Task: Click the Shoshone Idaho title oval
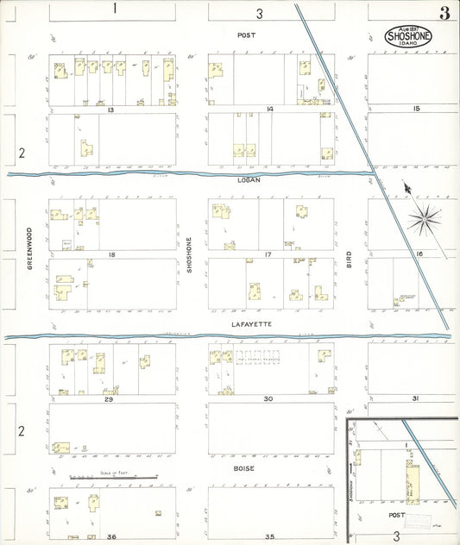pos(409,37)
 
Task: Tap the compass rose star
pos(425,219)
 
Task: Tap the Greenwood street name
pos(28,248)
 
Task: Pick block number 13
pos(110,110)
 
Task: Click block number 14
pos(270,110)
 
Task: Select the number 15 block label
pos(415,109)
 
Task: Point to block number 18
pos(111,255)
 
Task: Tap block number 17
pos(268,255)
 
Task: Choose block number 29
pos(109,399)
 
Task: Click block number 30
pos(268,399)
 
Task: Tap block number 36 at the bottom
pos(111,537)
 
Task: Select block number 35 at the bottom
pos(269,537)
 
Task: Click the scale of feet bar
pos(113,477)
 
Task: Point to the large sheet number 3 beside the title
pos(444,13)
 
